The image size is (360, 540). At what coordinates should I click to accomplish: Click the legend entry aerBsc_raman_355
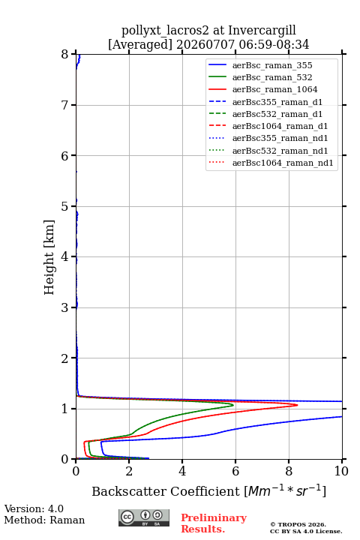tap(272, 65)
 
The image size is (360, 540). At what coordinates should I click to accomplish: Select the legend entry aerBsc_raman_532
tap(272, 77)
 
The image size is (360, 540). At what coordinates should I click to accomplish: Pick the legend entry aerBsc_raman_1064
tap(275, 89)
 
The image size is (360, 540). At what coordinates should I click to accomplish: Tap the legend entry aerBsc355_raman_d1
tap(277, 101)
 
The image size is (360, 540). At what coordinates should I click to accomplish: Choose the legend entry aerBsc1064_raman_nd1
tap(283, 163)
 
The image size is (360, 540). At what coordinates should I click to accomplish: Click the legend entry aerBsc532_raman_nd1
tap(280, 151)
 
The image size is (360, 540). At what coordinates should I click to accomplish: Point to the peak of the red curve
tap(297, 405)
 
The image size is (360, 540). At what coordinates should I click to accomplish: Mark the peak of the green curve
tap(233, 405)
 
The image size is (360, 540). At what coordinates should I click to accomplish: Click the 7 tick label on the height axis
tap(64, 105)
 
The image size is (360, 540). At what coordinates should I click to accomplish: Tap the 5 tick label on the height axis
tap(64, 206)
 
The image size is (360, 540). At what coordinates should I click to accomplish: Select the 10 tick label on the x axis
tap(341, 471)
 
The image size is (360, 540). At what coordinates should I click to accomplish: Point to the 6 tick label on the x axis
tap(235, 471)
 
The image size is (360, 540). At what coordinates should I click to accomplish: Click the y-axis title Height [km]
tap(49, 257)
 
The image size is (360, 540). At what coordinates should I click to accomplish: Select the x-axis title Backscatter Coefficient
tap(165, 491)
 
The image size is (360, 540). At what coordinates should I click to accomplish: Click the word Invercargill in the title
tap(262, 30)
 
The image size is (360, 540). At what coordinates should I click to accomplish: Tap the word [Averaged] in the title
tap(140, 44)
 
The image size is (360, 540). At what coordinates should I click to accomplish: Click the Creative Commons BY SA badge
tap(144, 517)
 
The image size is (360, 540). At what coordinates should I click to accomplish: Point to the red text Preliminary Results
tap(214, 523)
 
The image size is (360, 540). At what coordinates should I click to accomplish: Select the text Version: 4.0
tap(34, 508)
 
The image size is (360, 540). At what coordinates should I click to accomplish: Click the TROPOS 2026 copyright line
tap(298, 524)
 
